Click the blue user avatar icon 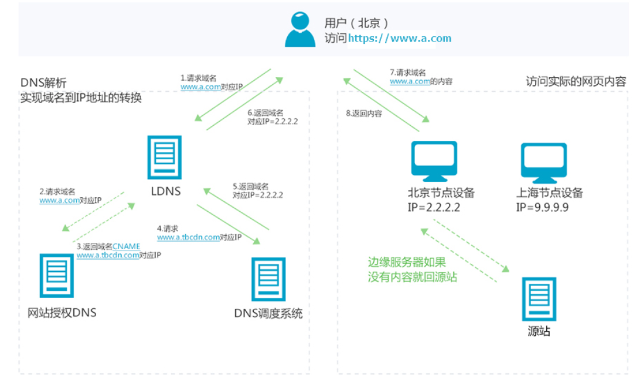[x=300, y=29]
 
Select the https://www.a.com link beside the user [x=400, y=39]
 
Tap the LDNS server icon [x=165, y=157]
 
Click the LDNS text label [x=165, y=191]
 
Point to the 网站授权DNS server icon [x=56, y=276]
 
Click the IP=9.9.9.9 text [x=542, y=208]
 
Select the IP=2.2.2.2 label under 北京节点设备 [x=434, y=208]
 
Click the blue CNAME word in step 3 [x=127, y=247]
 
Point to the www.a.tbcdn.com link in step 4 [x=188, y=238]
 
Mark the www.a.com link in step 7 [x=410, y=82]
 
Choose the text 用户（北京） [x=356, y=23]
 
